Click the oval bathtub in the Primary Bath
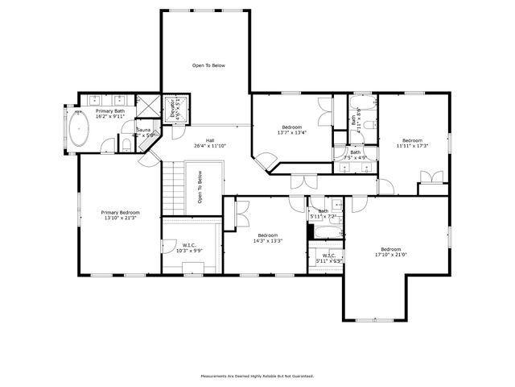(x=80, y=130)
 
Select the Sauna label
(x=143, y=130)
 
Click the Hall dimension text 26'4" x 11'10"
(x=209, y=146)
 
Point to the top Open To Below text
(x=208, y=65)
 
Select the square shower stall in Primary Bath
(x=148, y=106)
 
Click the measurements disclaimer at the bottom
(x=257, y=376)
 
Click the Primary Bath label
(x=110, y=111)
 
